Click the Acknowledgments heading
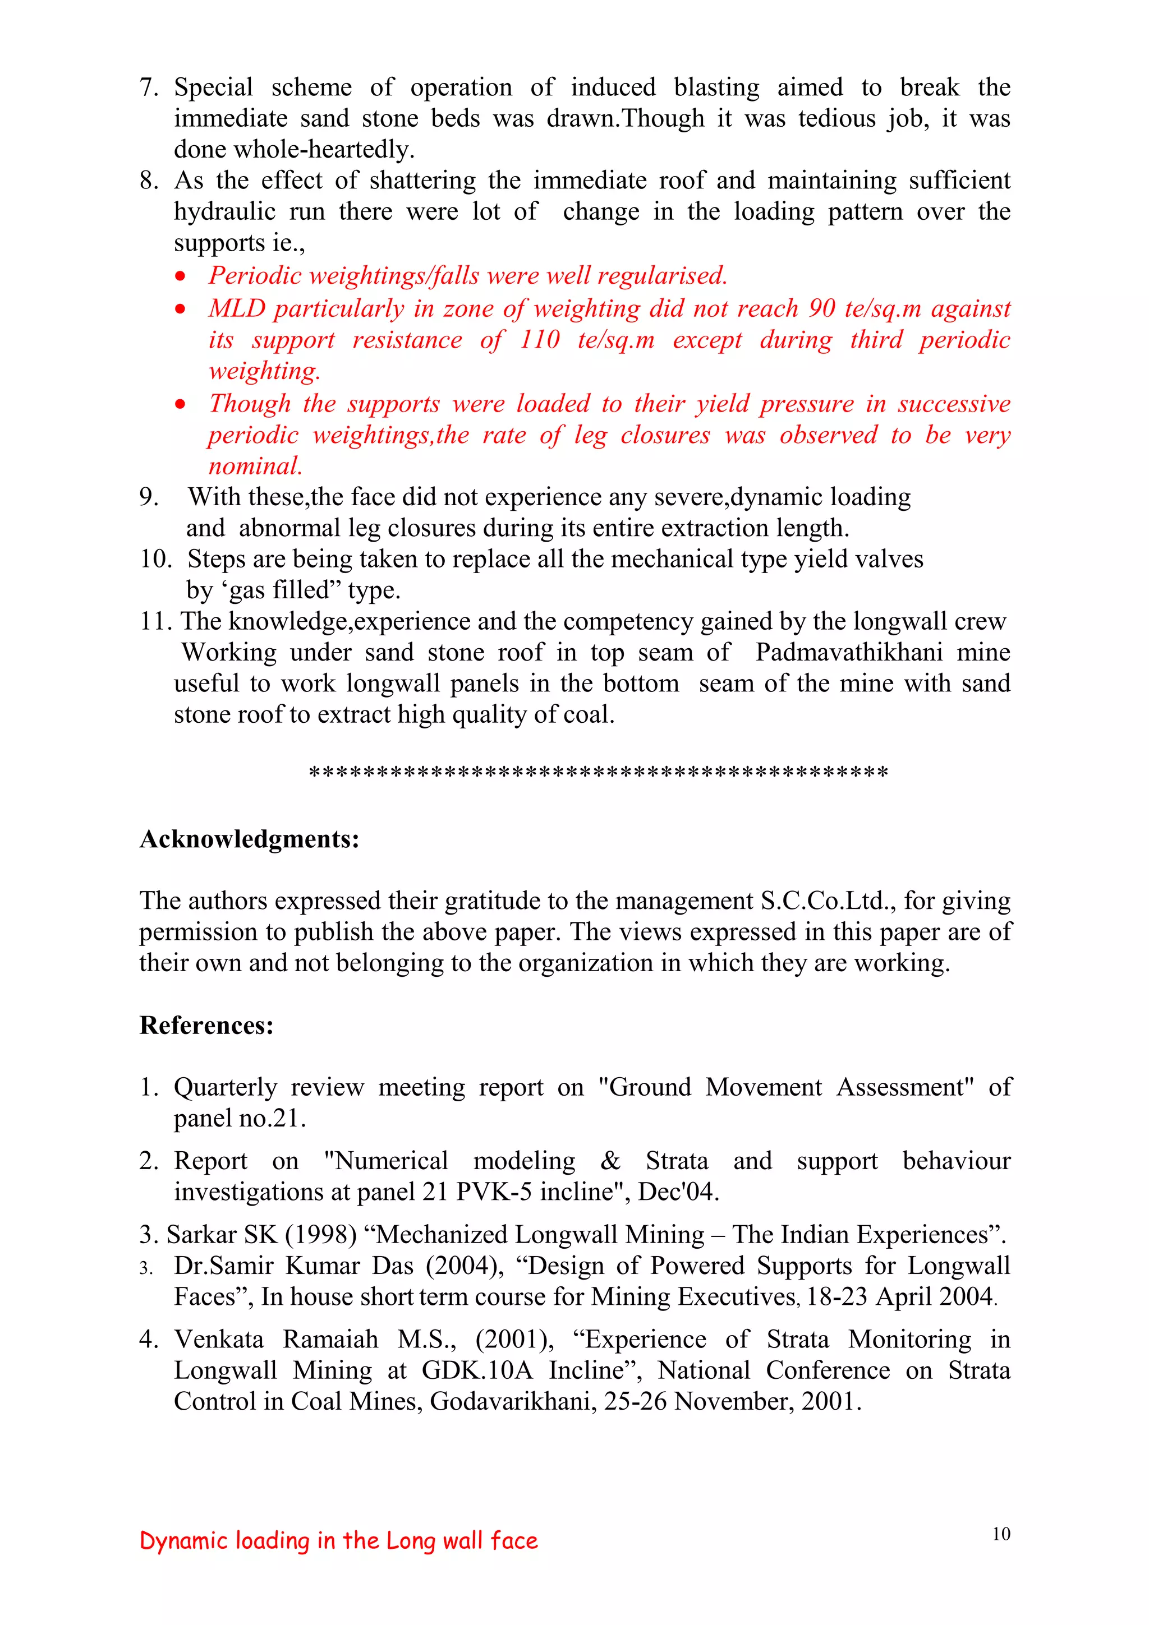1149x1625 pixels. (249, 839)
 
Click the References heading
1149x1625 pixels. (206, 1026)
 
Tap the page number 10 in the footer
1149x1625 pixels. (1000, 1534)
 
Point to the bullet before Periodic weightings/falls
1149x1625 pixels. (181, 276)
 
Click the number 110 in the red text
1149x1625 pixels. (540, 340)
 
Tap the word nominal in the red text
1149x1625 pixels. (255, 466)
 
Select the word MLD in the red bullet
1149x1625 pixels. (236, 308)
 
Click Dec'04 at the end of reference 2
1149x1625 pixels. (678, 1192)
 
